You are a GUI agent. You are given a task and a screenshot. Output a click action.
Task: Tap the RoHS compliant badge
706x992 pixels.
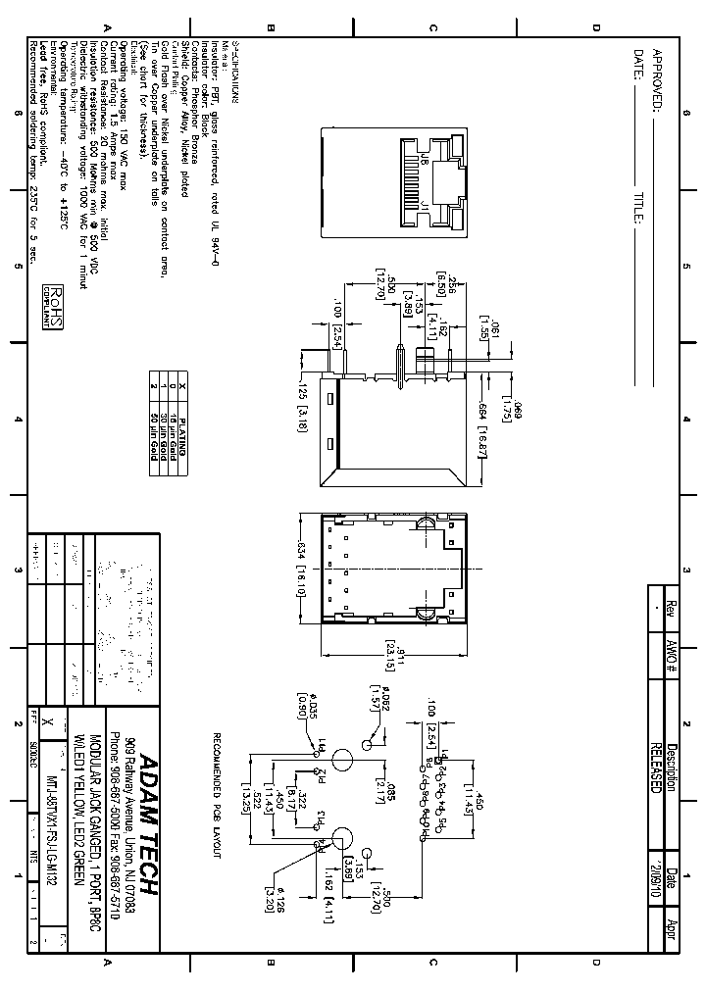[55, 307]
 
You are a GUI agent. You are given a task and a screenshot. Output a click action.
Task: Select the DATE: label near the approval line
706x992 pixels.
[637, 66]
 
